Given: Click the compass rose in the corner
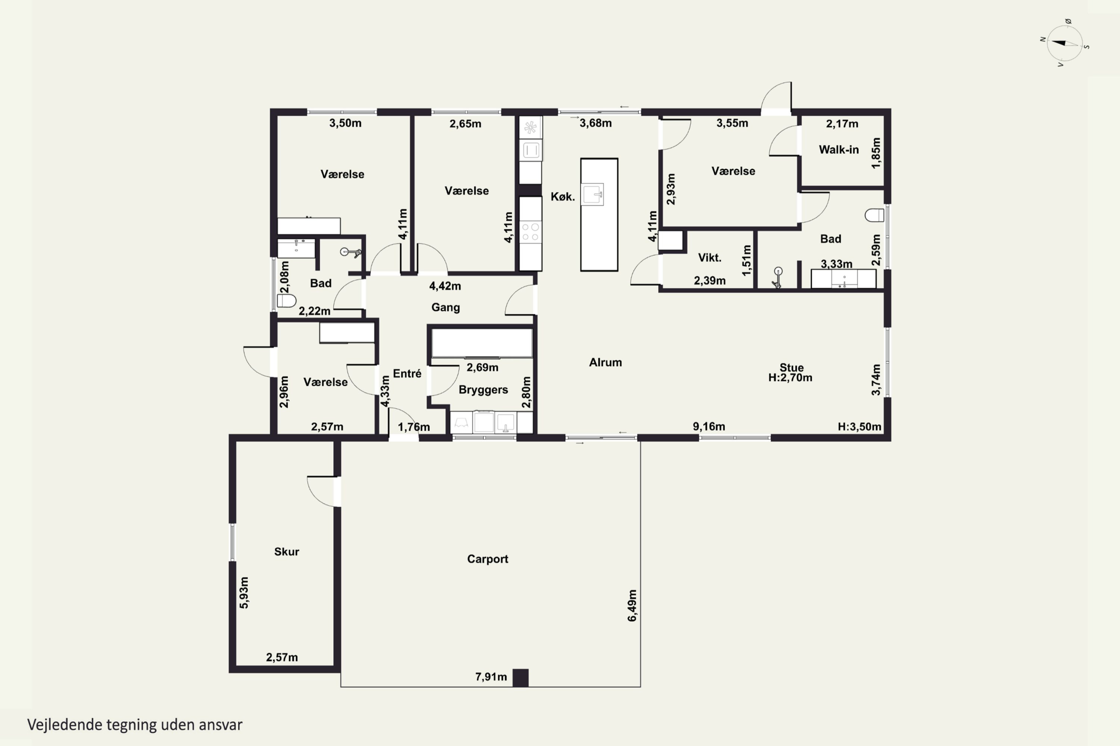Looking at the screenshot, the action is pyautogui.click(x=1065, y=43).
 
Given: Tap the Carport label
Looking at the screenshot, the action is pyautogui.click(x=487, y=559).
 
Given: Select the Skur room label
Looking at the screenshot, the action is pyautogui.click(x=287, y=552).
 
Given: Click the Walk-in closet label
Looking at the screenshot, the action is pyautogui.click(x=839, y=150).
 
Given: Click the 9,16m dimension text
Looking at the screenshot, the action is pyautogui.click(x=709, y=427).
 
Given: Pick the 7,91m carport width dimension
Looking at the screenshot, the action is pyautogui.click(x=491, y=677).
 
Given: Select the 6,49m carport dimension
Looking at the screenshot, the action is pyautogui.click(x=632, y=606).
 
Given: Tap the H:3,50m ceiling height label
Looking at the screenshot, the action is pyautogui.click(x=859, y=427).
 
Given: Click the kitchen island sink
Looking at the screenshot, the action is pyautogui.click(x=593, y=194).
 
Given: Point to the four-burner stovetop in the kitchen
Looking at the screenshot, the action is pyautogui.click(x=531, y=232).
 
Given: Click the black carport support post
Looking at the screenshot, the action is pyautogui.click(x=520, y=678).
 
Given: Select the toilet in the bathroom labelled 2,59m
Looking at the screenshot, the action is pyautogui.click(x=874, y=216).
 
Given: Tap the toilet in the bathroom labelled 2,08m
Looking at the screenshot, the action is pyautogui.click(x=286, y=301).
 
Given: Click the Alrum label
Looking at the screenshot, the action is pyautogui.click(x=605, y=363).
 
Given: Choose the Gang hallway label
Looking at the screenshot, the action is pyautogui.click(x=446, y=308).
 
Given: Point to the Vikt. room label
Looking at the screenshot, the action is pyautogui.click(x=710, y=258).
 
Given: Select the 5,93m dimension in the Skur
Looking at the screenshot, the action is pyautogui.click(x=244, y=592).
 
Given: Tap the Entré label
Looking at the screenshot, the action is pyautogui.click(x=407, y=373).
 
